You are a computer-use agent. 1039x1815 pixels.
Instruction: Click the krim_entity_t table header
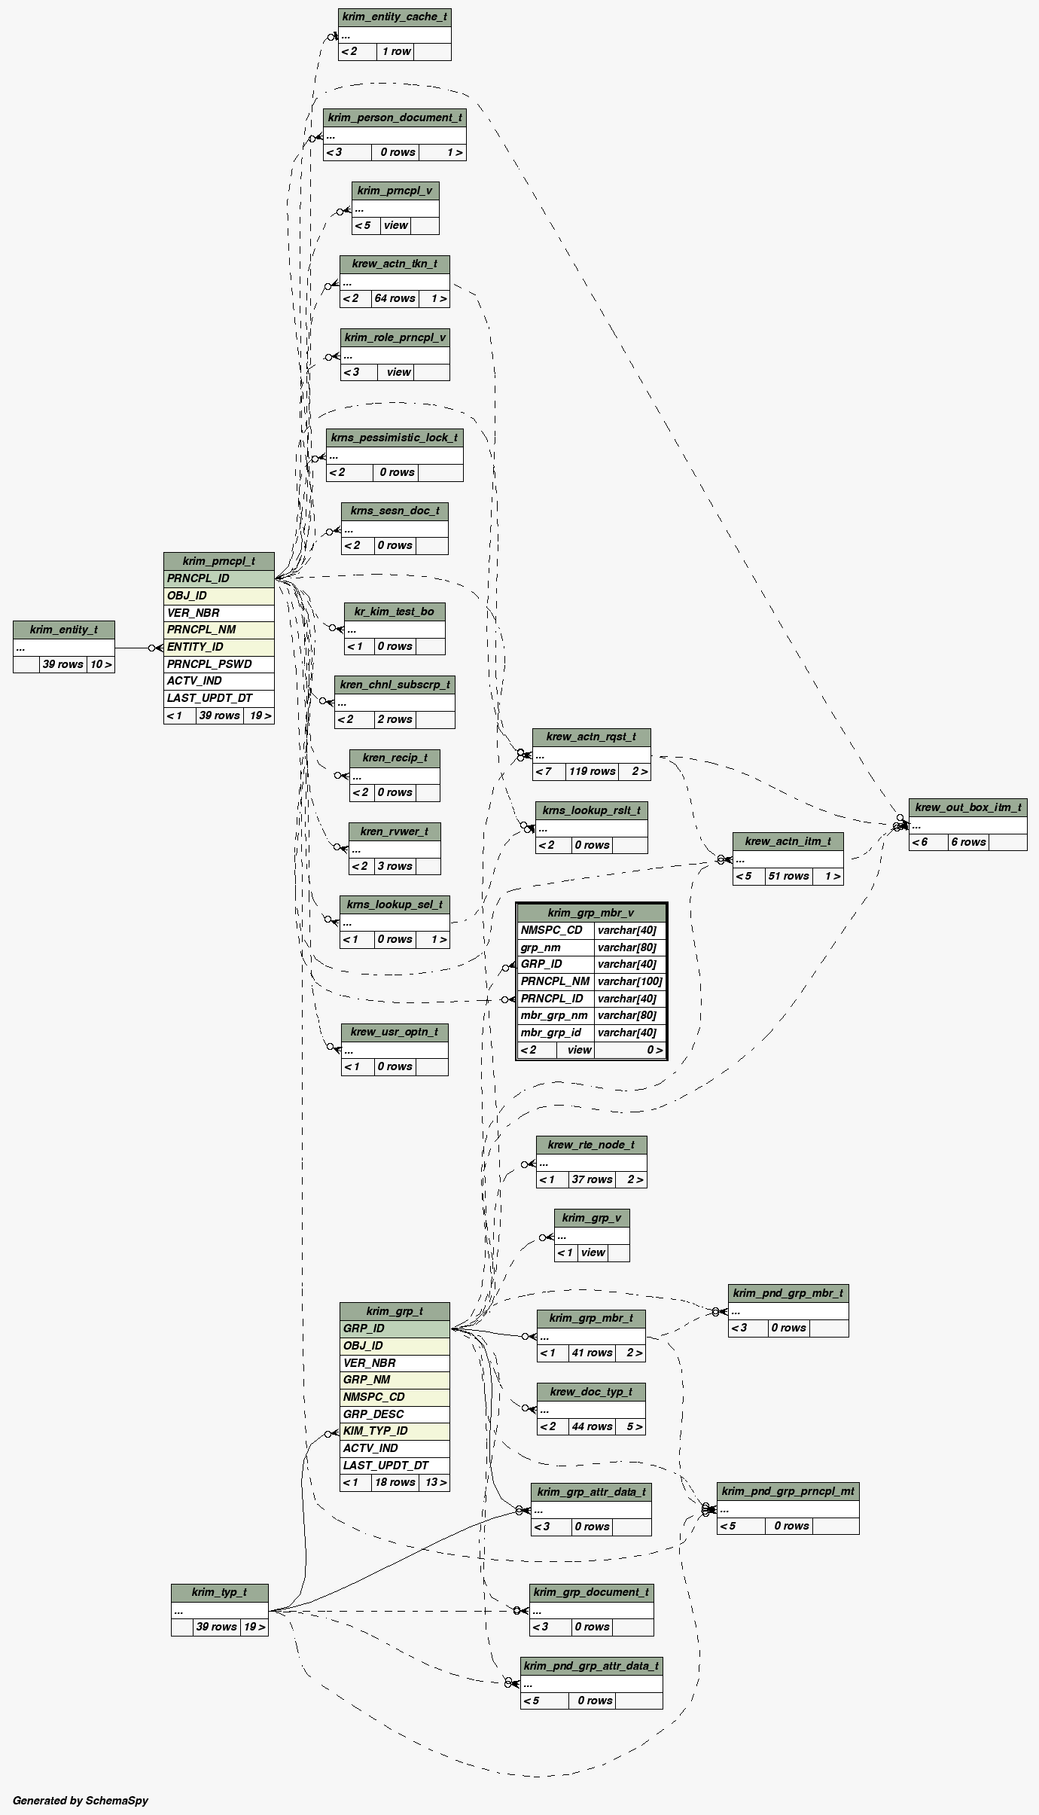(64, 630)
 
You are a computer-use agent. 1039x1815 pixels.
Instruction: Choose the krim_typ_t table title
(219, 1592)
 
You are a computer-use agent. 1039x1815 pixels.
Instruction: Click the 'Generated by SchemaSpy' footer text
(81, 1800)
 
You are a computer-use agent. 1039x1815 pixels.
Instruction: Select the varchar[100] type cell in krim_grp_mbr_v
(629, 981)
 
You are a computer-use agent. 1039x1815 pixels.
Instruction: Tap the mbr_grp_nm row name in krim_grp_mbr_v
(555, 1015)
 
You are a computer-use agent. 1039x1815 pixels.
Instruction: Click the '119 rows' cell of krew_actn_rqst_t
(592, 771)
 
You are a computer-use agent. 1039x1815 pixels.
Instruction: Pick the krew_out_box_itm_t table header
(967, 807)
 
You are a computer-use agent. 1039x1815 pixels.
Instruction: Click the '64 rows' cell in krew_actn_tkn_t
(395, 298)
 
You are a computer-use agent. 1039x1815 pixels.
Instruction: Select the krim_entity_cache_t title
(395, 17)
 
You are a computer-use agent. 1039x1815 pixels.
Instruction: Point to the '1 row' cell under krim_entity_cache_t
(395, 51)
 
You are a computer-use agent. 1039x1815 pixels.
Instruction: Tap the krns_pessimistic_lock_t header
(395, 438)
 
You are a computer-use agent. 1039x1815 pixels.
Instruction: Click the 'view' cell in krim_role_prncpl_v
(398, 372)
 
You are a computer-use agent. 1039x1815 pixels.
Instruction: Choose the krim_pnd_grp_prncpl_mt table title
(788, 1491)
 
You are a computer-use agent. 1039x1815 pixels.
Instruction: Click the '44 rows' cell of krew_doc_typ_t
(592, 1426)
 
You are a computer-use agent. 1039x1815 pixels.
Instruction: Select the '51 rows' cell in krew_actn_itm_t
(788, 876)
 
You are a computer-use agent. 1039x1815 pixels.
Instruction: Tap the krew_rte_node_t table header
(591, 1145)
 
